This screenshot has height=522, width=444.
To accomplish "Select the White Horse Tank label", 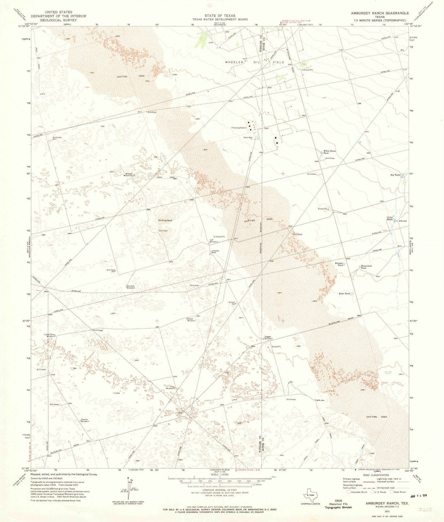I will point(329,152).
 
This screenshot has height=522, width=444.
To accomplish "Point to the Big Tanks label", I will point(395,175).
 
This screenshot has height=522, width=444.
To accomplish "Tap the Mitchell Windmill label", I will point(131,287).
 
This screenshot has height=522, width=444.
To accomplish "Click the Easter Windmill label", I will point(192,320).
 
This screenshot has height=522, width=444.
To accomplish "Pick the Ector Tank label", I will point(344,294).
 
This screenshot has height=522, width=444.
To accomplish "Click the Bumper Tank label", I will point(339,264).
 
